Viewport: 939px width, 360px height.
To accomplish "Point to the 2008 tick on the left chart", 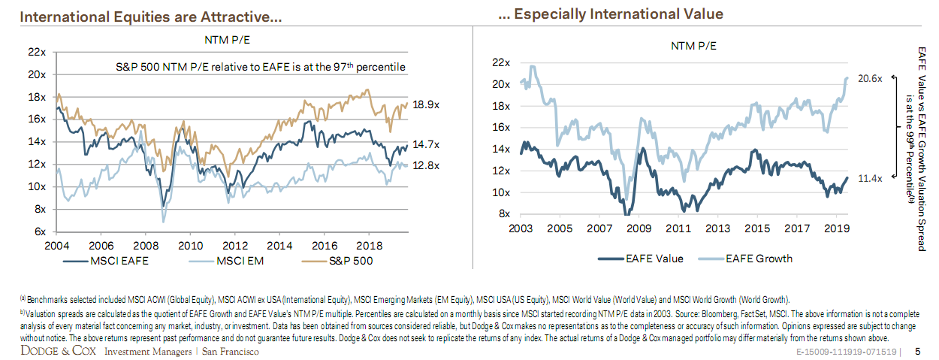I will tap(144, 246).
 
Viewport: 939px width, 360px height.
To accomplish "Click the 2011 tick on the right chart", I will tap(678, 228).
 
